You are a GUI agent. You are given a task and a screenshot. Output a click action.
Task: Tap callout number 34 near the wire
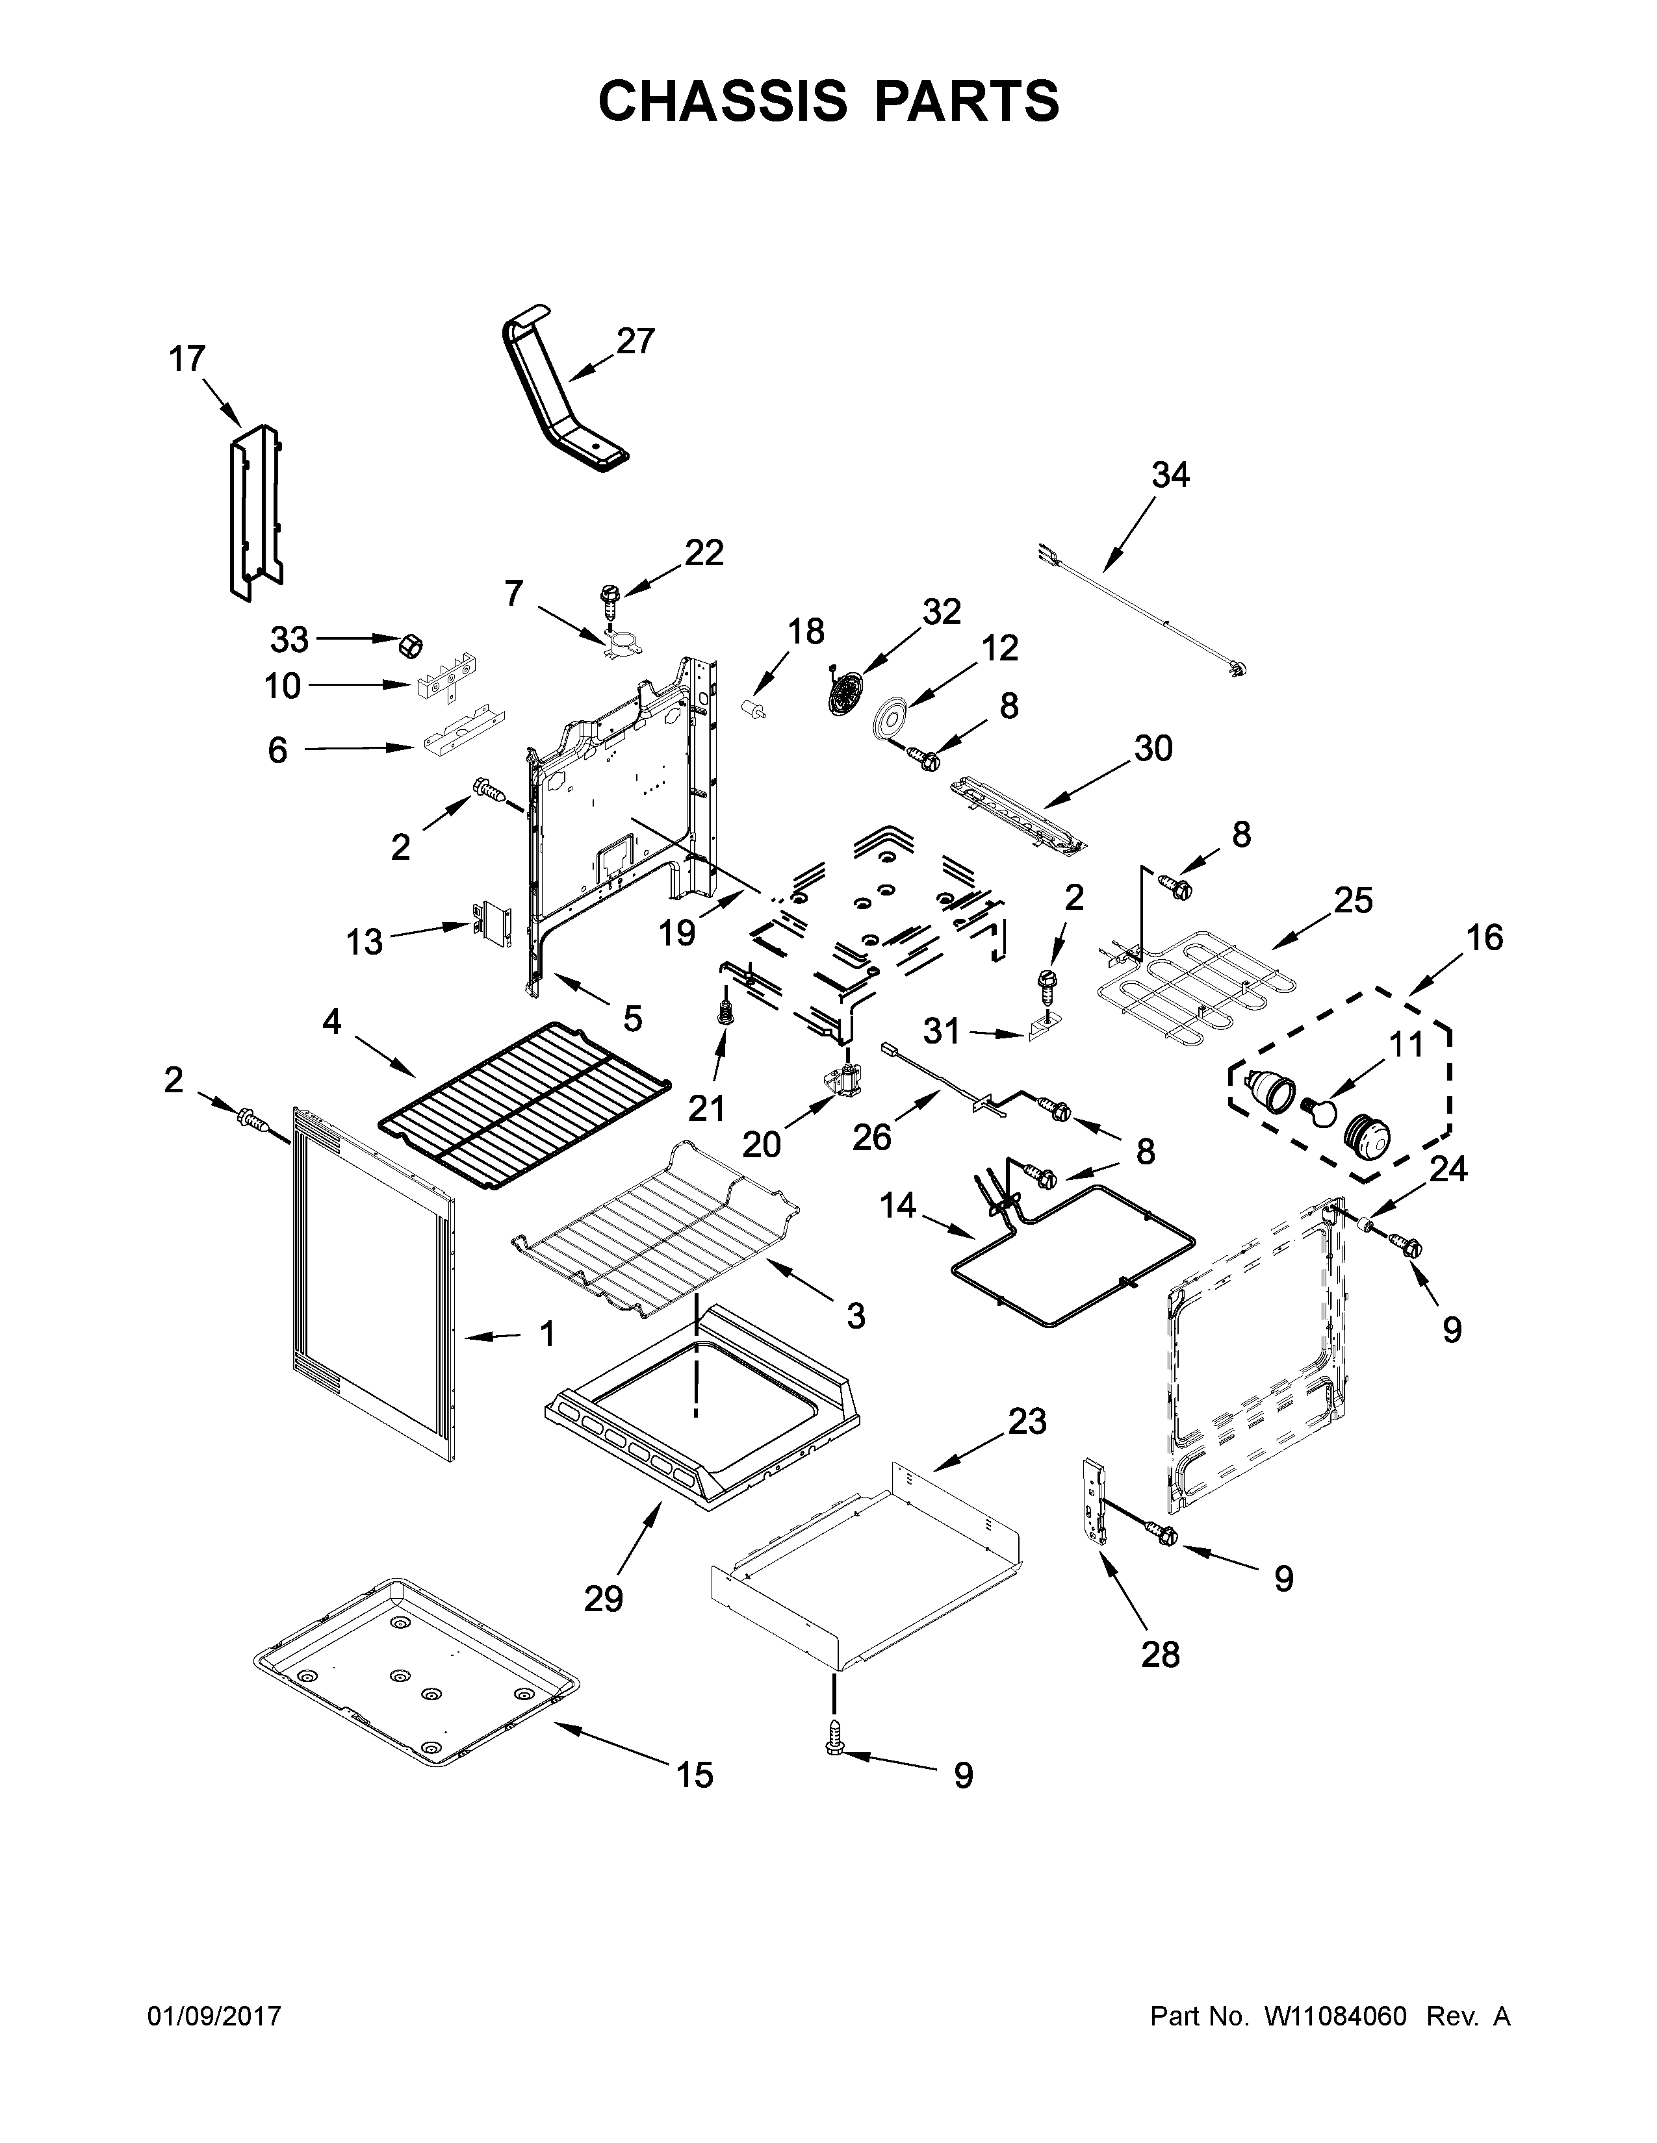click(x=1170, y=475)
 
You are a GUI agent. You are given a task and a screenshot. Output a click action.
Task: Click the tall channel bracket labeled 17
click(x=253, y=510)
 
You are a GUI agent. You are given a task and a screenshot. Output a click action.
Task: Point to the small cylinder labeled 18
click(x=756, y=708)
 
